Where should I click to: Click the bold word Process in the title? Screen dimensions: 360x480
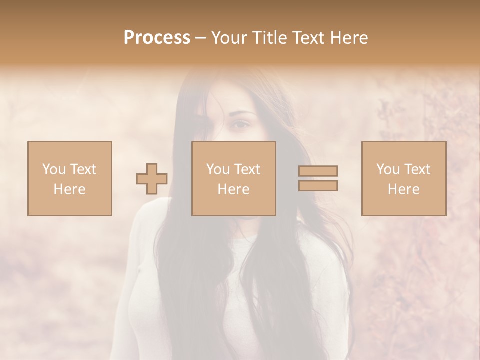tap(157, 38)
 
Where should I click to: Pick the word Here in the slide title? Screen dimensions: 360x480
tap(349, 38)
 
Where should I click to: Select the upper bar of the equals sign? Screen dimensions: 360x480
tap(318, 171)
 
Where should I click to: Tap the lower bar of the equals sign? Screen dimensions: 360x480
tap(318, 186)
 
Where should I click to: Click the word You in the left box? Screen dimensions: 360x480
tap(54, 169)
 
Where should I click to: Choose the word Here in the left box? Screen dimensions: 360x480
tap(69, 189)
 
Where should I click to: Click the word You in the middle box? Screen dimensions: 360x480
tap(218, 169)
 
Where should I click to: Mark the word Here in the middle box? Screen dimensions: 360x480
tap(233, 189)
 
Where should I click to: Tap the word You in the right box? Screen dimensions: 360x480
tap(388, 169)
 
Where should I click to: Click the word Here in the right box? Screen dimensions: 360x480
tap(403, 189)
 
